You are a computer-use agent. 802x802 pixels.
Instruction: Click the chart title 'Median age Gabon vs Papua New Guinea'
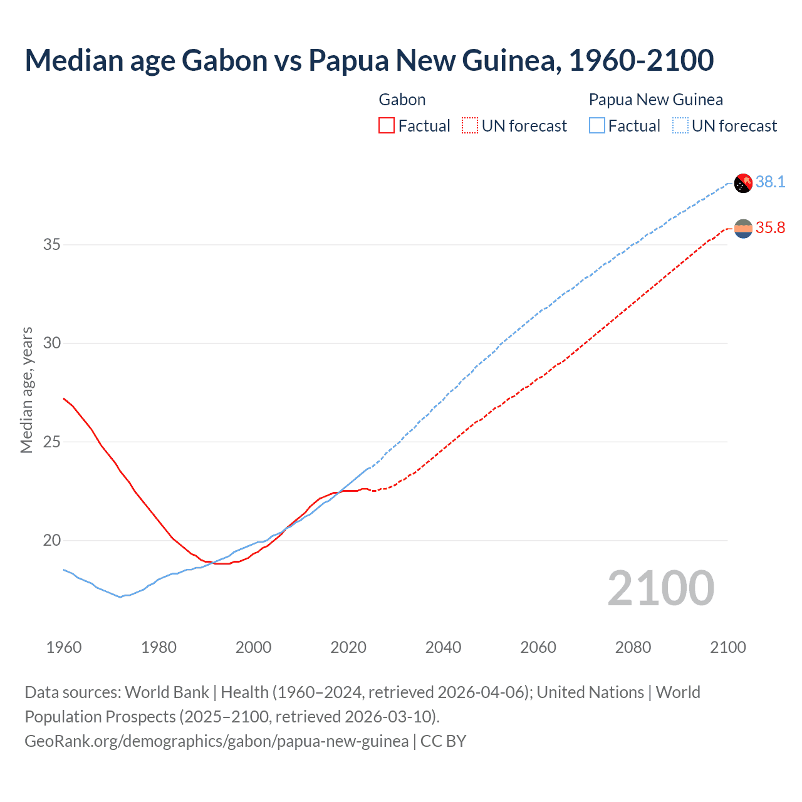[369, 60]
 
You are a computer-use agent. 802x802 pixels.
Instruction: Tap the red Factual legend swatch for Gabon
[387, 126]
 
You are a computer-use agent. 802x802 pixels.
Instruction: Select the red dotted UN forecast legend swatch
[469, 126]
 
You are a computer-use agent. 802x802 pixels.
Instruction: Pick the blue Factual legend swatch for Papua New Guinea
[597, 126]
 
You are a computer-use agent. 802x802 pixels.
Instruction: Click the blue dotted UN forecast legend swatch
[680, 126]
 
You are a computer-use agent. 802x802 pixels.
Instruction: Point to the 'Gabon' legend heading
[402, 100]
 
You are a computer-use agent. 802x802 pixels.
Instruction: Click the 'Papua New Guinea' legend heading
[655, 100]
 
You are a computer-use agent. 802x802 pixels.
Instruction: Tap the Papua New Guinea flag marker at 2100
[743, 183]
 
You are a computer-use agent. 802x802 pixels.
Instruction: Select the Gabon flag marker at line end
[743, 229]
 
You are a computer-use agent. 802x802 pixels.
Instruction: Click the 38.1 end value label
[770, 182]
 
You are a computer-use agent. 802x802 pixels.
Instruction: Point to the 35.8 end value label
[770, 227]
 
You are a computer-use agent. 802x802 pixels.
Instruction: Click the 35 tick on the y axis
[52, 244]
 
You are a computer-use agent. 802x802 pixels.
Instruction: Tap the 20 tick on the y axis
[52, 540]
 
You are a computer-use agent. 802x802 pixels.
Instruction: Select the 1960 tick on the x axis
[64, 647]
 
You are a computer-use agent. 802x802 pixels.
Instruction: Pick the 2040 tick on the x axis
[443, 647]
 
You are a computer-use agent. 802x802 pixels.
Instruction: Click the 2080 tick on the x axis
[633, 647]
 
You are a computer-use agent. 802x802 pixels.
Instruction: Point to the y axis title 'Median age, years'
[26, 390]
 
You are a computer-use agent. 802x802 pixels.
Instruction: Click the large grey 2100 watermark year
[660, 588]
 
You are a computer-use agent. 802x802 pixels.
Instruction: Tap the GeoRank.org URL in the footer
[216, 741]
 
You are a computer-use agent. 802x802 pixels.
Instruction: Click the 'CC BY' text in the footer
[444, 741]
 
